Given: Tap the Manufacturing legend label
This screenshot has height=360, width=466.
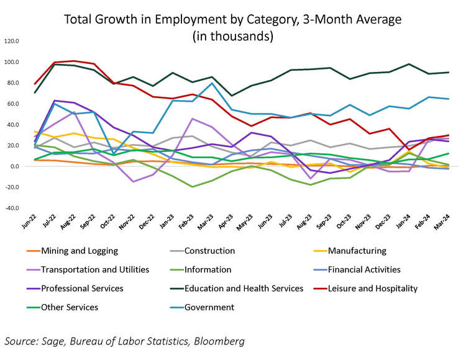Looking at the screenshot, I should point(357,251).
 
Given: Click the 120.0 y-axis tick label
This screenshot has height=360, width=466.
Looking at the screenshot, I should point(12,42).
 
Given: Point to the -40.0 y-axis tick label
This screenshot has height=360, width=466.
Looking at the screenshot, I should point(12,208).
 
